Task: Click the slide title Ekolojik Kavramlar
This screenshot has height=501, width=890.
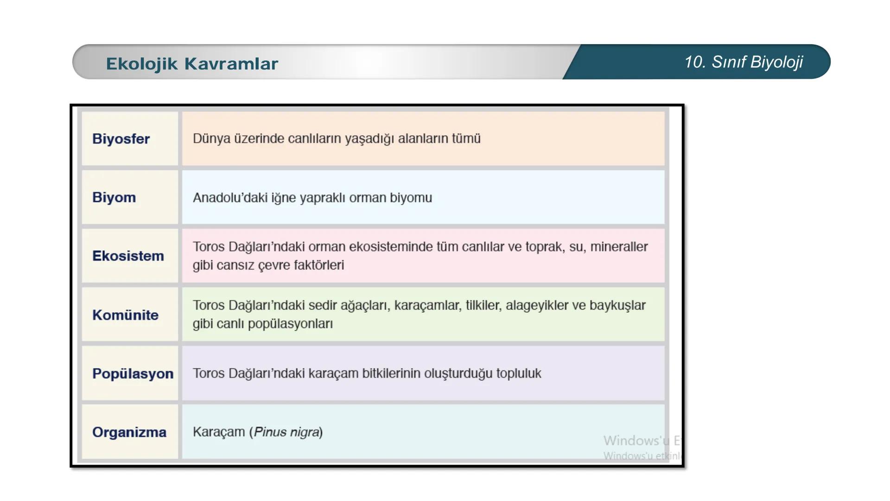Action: click(192, 64)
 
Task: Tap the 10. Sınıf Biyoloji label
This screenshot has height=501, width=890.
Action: click(743, 62)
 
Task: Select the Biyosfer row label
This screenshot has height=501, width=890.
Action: click(121, 139)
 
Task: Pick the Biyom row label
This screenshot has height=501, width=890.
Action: click(114, 197)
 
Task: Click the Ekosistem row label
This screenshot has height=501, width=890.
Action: click(128, 256)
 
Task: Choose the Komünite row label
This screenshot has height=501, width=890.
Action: click(125, 315)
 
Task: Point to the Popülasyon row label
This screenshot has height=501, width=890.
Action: click(133, 373)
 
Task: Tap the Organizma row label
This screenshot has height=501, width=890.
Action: click(129, 432)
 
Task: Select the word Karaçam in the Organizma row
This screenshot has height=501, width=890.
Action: click(218, 432)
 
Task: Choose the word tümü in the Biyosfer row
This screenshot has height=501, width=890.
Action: click(465, 138)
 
